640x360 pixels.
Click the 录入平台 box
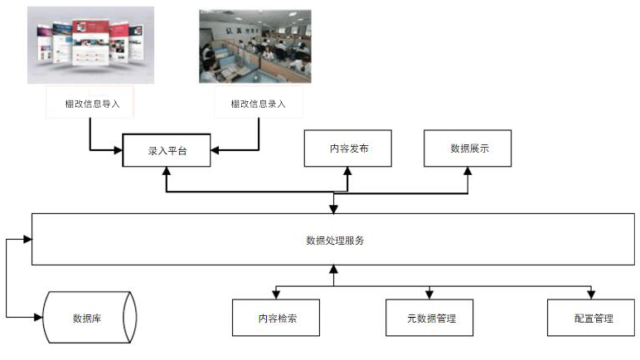[x=167, y=150]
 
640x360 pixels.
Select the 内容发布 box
[x=347, y=148]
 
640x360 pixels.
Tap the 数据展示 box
[x=468, y=148]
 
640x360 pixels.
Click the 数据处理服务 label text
[x=335, y=241]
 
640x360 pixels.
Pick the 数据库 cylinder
[x=90, y=317]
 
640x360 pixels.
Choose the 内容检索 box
[x=276, y=318]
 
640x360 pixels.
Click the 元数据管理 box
[x=429, y=318]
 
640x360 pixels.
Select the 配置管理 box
[x=591, y=318]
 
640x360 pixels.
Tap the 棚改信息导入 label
[x=92, y=105]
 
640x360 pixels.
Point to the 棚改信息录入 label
[x=258, y=105]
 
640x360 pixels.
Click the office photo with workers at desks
[x=255, y=46]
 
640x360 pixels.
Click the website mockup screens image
[x=90, y=45]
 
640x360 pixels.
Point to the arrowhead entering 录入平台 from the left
[x=119, y=150]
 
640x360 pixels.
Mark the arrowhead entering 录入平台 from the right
[x=215, y=150]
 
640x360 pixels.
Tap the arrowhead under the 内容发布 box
[x=347, y=171]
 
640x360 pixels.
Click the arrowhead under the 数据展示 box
[x=468, y=171]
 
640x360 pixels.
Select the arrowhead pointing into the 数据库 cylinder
[x=38, y=317]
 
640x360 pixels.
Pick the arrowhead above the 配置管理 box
[x=591, y=294]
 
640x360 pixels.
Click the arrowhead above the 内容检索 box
[x=276, y=294]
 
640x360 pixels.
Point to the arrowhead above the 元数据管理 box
[x=429, y=294]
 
